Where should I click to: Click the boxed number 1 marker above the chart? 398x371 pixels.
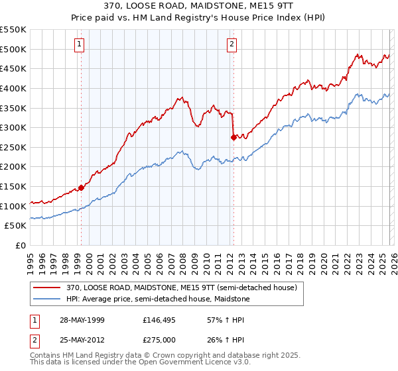click(x=80, y=45)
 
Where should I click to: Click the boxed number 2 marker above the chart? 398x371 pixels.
click(x=232, y=45)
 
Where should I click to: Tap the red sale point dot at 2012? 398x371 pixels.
click(x=233, y=137)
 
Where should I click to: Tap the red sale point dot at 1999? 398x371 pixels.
click(x=81, y=187)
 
